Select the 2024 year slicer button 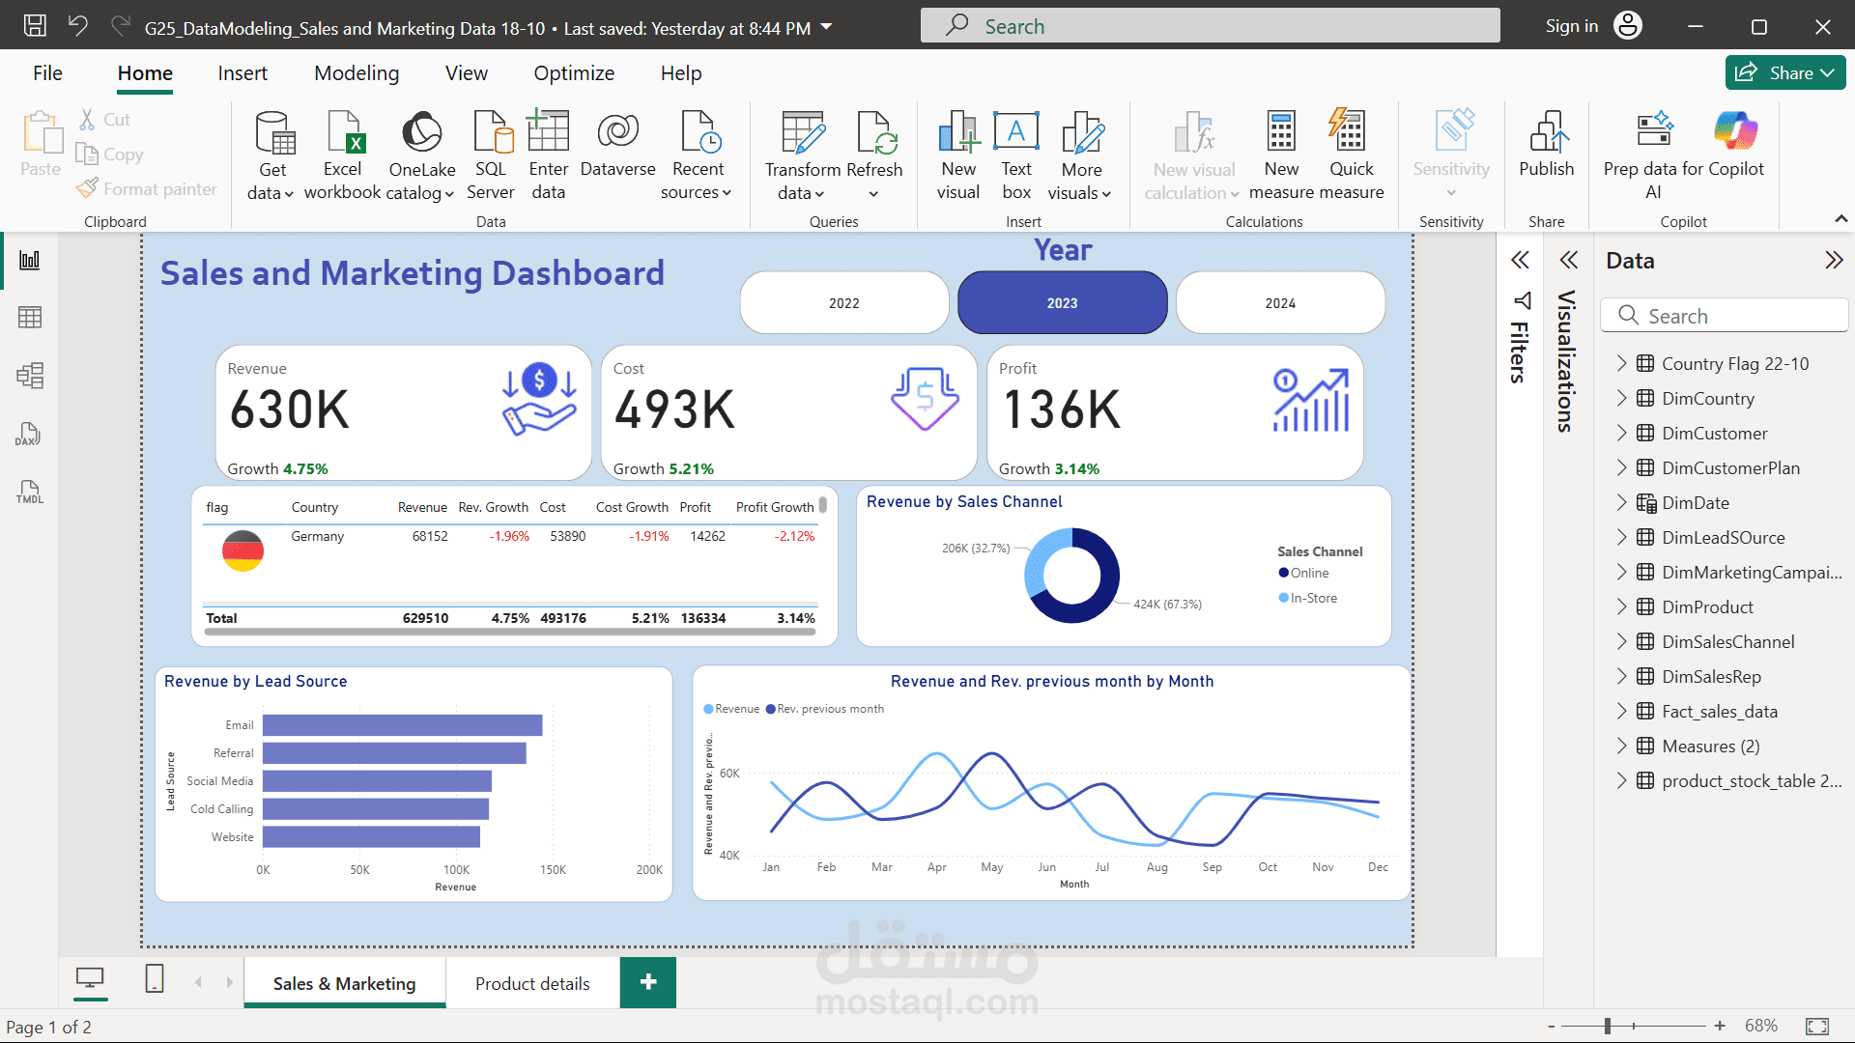coord(1280,302)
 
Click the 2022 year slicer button coord(843,302)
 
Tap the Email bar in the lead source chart coord(402,725)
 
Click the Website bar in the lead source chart coord(371,837)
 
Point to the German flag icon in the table coord(243,550)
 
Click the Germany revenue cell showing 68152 coord(430,536)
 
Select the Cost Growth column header coord(632,507)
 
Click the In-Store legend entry coord(1308,598)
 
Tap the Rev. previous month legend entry coord(825,709)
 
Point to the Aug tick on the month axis coord(1156,867)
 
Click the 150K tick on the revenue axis coord(553,870)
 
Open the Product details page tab coord(532,983)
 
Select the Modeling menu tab coord(357,73)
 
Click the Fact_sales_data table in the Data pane coord(1719,712)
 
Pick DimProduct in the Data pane coord(1707,607)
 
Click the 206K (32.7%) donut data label coord(976,549)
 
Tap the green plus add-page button coord(648,982)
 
